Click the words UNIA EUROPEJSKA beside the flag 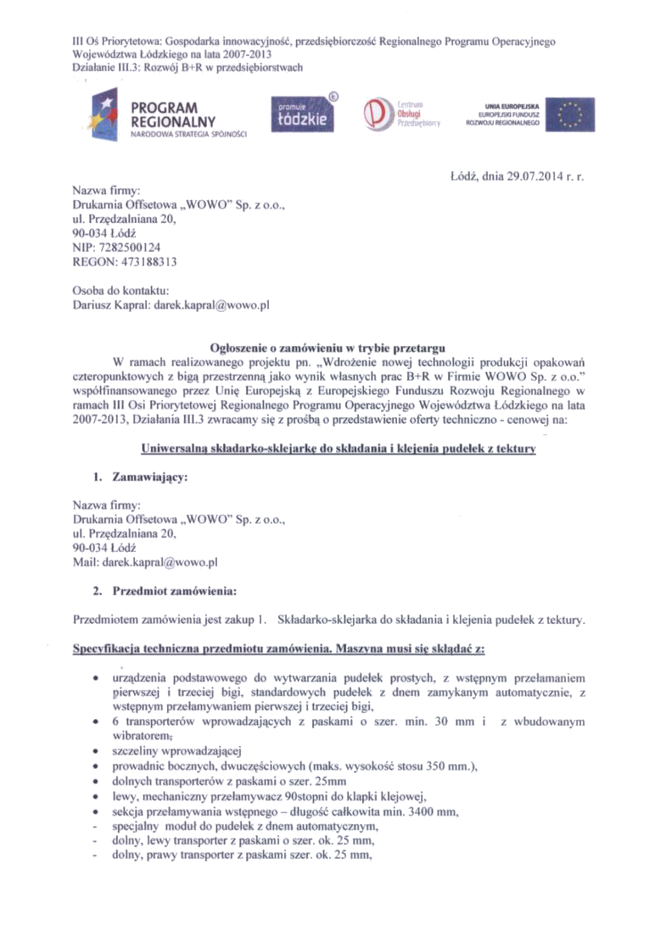(x=507, y=106)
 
